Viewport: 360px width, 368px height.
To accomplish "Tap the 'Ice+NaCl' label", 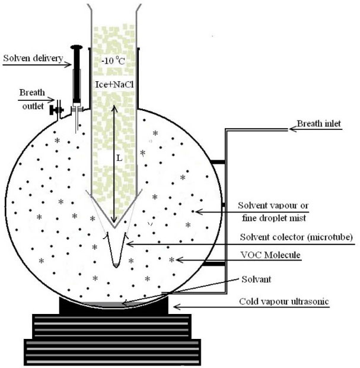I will coord(113,85).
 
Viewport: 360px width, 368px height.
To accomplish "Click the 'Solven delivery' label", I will coord(30,58).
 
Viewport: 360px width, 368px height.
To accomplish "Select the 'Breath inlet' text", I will coord(317,126).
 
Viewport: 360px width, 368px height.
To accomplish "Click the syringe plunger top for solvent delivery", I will coord(76,47).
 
